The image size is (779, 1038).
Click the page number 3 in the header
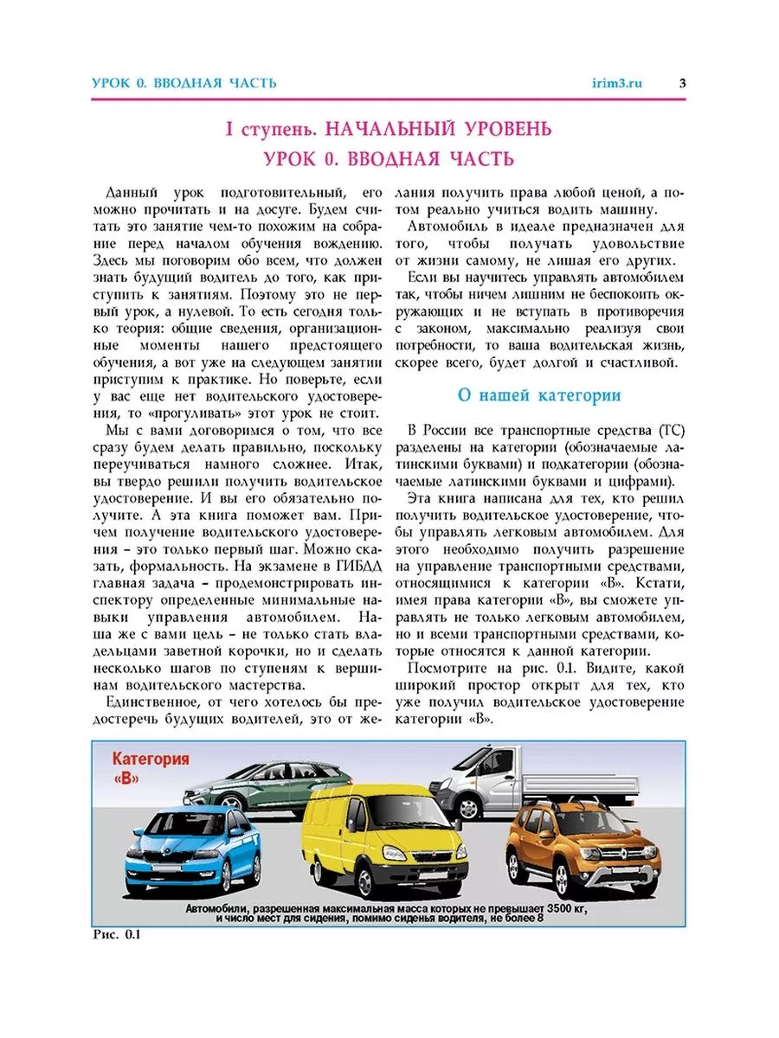coord(682,83)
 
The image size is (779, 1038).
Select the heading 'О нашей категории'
coord(538,395)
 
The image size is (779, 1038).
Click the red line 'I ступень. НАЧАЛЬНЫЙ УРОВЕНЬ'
coord(388,130)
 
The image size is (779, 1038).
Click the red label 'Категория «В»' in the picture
coord(150,767)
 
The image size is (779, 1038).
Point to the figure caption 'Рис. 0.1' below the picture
coord(115,935)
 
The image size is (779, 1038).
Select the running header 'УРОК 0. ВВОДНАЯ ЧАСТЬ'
coord(184,83)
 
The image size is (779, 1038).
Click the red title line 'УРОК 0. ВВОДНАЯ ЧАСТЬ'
coord(388,159)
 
